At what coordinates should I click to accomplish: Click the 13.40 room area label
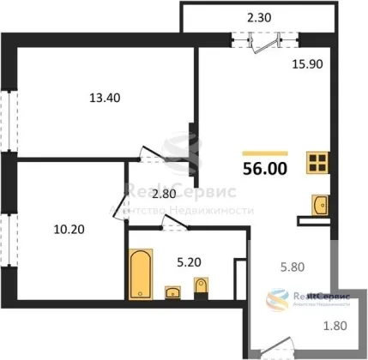tap(105, 98)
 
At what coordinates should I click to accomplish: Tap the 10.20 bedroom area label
tap(69, 230)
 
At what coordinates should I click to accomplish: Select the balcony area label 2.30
tap(259, 18)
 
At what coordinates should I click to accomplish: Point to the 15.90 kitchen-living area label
tap(307, 64)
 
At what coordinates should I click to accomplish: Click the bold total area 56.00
tap(265, 169)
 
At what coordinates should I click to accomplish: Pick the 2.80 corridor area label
tap(164, 194)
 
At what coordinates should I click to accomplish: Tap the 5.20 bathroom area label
tap(189, 262)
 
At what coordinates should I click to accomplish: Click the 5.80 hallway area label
tap(293, 267)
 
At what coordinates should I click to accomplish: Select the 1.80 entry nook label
tap(335, 326)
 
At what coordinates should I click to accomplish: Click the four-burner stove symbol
tap(317, 162)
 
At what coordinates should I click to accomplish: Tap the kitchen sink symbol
tap(320, 205)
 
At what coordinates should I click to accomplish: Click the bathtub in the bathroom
tap(141, 273)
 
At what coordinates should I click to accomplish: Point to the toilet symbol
tap(201, 288)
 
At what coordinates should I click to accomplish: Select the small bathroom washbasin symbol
tap(172, 292)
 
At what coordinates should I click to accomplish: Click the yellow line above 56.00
tap(265, 153)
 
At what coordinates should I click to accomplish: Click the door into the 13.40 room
tap(153, 154)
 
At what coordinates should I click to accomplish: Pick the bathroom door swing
tap(174, 222)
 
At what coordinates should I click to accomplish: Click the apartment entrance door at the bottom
tap(275, 345)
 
